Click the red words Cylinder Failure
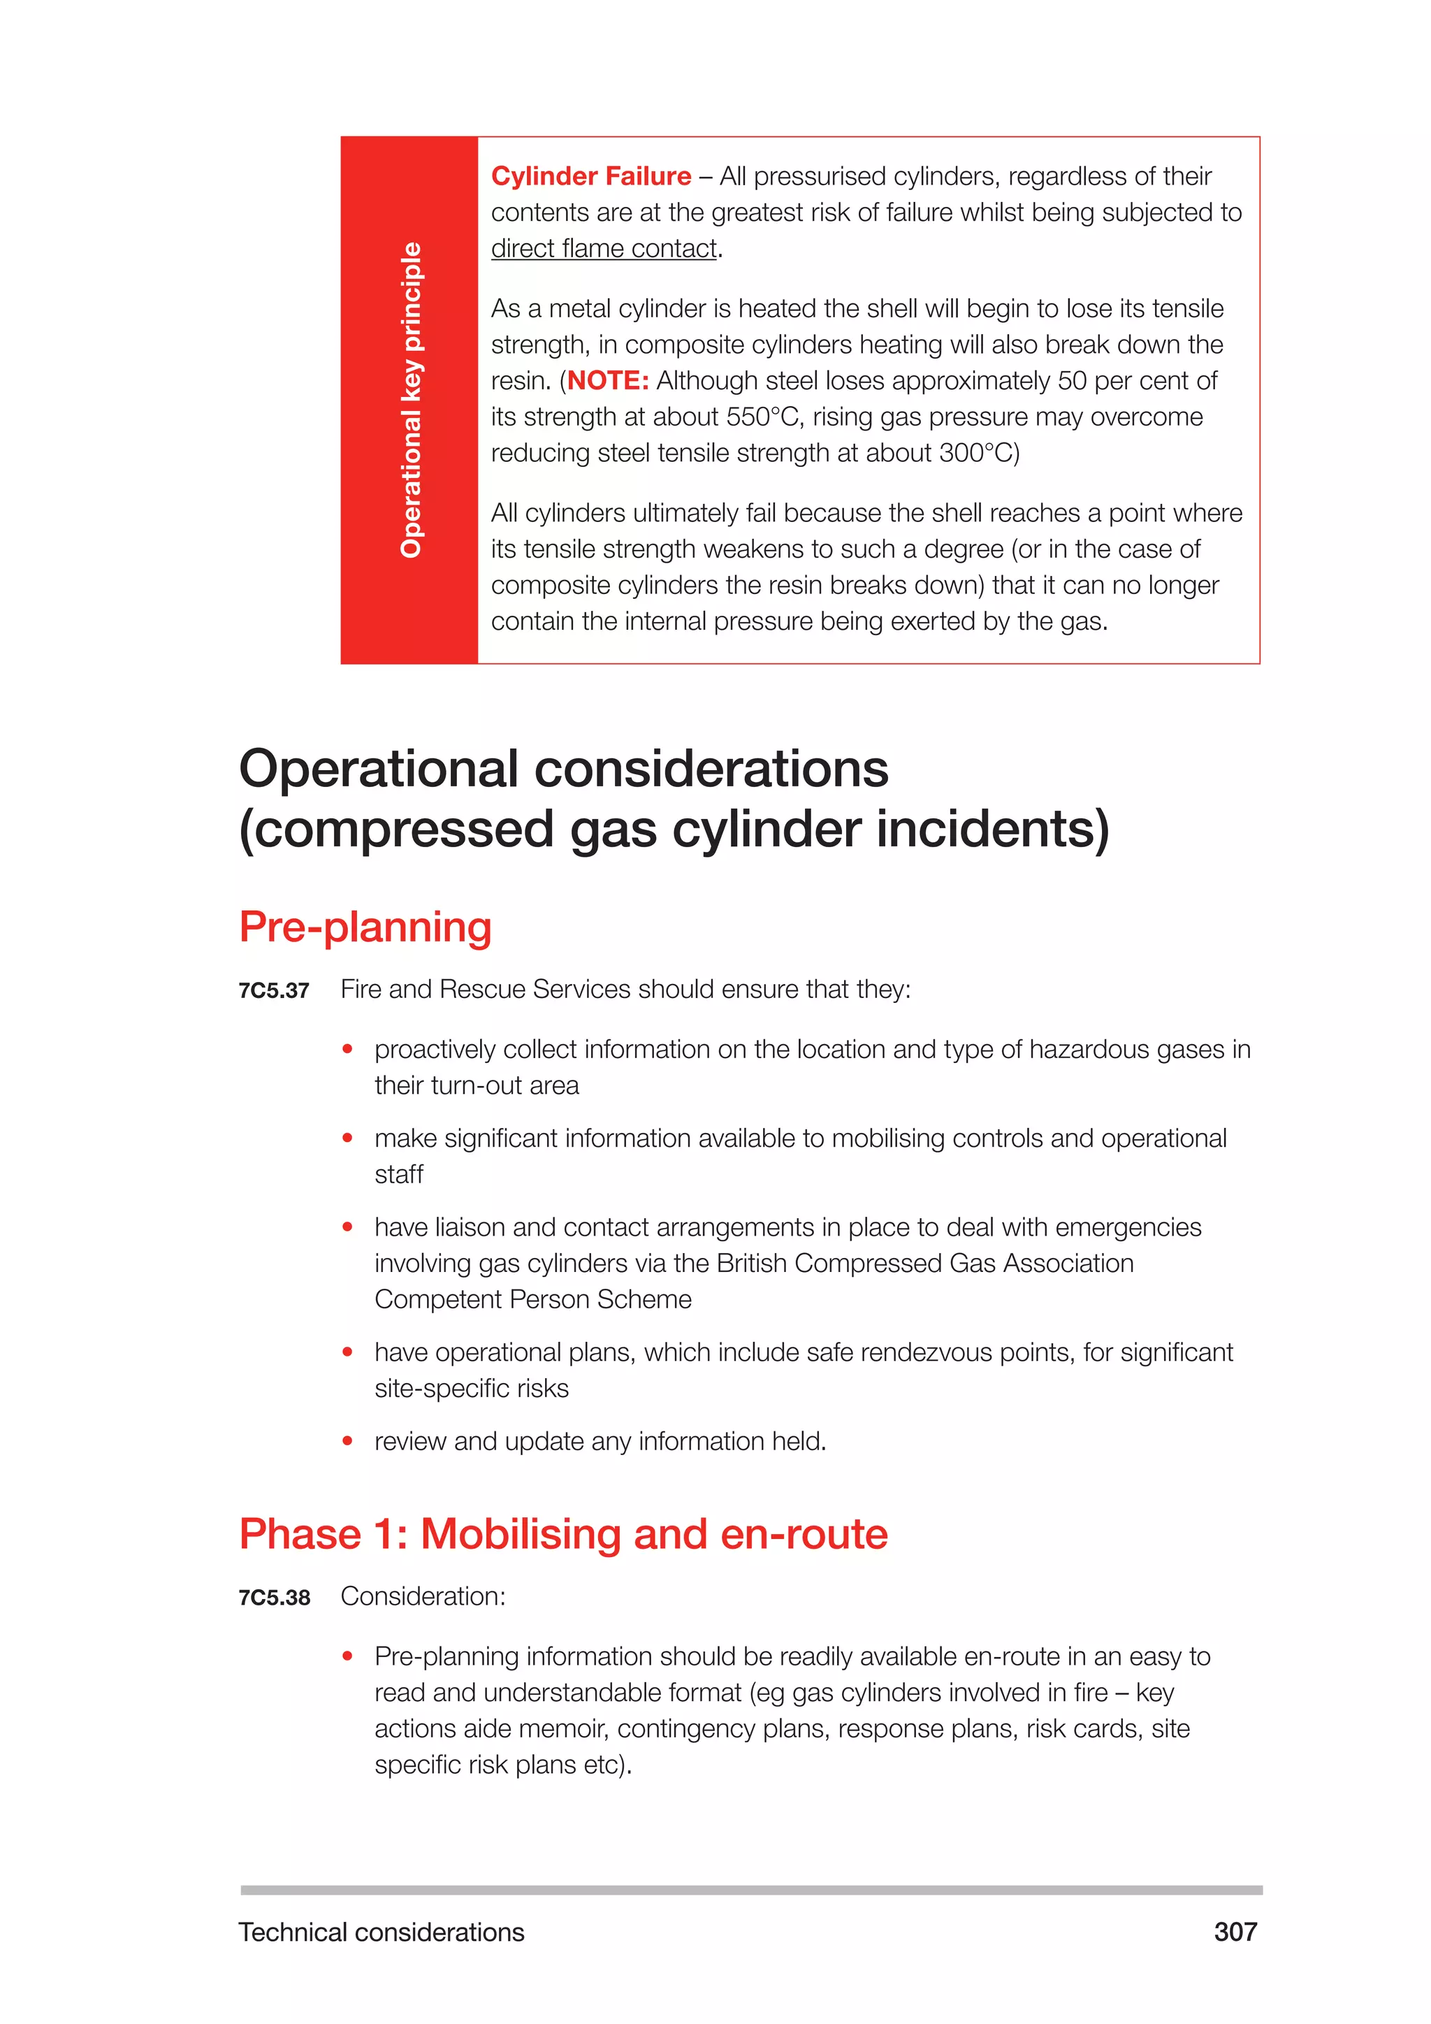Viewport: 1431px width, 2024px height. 590,176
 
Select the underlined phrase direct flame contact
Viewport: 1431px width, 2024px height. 604,249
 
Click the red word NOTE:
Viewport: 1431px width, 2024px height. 608,381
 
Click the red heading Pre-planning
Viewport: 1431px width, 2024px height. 365,927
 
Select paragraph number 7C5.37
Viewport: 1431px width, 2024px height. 274,991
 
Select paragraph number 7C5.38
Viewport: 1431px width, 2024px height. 274,1598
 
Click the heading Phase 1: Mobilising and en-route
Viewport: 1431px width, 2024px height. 563,1535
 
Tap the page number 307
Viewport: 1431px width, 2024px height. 1235,1932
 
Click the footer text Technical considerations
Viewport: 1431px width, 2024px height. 381,1932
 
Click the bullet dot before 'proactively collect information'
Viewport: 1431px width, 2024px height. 348,1049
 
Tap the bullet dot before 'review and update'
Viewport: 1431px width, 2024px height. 348,1441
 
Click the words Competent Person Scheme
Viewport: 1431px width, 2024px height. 533,1299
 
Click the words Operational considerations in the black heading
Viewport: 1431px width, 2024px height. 564,769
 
